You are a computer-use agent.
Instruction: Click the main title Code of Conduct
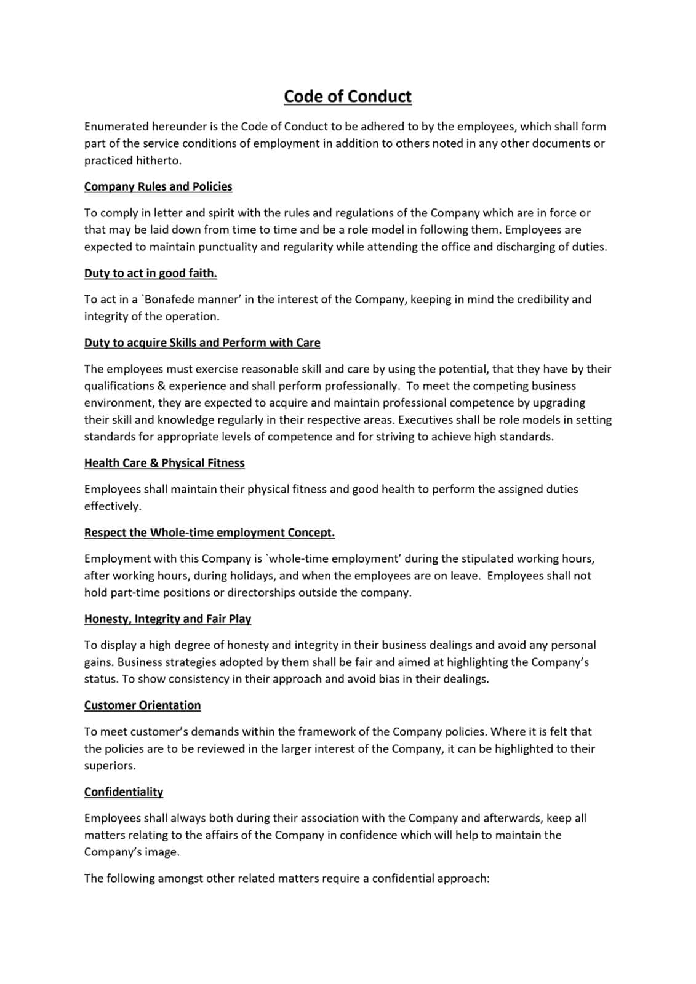click(348, 97)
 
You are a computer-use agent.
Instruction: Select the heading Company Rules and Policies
click(158, 186)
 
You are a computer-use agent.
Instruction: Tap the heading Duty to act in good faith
click(150, 273)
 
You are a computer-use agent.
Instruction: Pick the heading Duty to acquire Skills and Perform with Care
click(202, 343)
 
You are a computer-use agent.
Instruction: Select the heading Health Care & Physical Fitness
click(164, 463)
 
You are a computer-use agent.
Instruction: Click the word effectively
click(113, 506)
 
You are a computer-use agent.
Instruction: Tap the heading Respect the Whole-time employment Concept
click(209, 533)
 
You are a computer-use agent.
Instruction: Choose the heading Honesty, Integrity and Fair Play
click(167, 619)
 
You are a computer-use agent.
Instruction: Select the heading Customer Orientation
click(142, 705)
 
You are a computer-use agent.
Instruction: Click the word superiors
click(110, 766)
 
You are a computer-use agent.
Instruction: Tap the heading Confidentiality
click(124, 792)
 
